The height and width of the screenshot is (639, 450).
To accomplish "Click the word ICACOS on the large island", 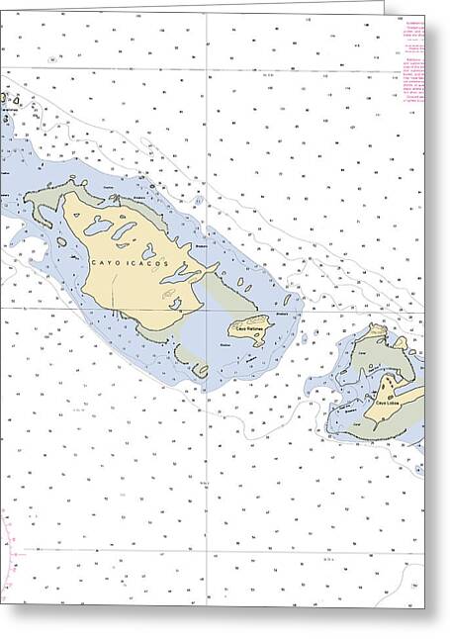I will (153, 265).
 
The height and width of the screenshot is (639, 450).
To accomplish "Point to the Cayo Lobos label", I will (387, 401).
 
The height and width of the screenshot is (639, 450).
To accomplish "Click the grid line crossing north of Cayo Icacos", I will (206, 70).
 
